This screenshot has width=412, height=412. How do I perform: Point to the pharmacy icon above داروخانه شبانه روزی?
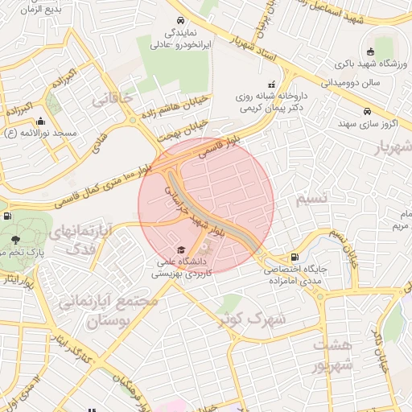271,83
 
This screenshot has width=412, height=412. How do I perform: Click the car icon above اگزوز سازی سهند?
367,112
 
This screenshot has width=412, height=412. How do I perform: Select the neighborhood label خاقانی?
111,99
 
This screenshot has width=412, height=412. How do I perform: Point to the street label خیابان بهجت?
185,130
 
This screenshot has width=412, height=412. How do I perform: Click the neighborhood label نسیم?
312,198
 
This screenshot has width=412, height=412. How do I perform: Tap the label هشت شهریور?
334,355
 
